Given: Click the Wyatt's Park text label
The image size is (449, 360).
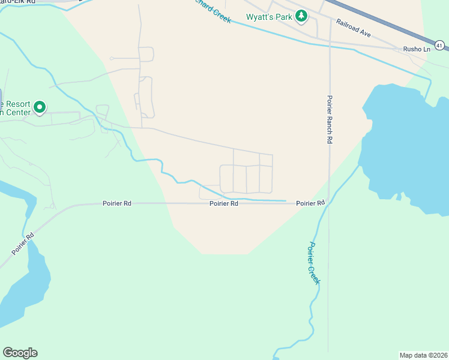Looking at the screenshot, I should click(268, 17).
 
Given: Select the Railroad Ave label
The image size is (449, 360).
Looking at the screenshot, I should click(354, 28).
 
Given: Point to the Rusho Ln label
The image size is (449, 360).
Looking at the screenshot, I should click(417, 49).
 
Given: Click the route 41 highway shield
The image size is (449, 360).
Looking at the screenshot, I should click(440, 45).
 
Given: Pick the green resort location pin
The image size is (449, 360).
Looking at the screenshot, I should click(40, 108).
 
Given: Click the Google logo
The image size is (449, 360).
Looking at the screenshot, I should click(20, 353).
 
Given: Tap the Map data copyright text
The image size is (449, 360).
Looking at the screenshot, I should click(423, 355).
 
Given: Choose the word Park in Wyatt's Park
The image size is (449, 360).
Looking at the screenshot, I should click(284, 17).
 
